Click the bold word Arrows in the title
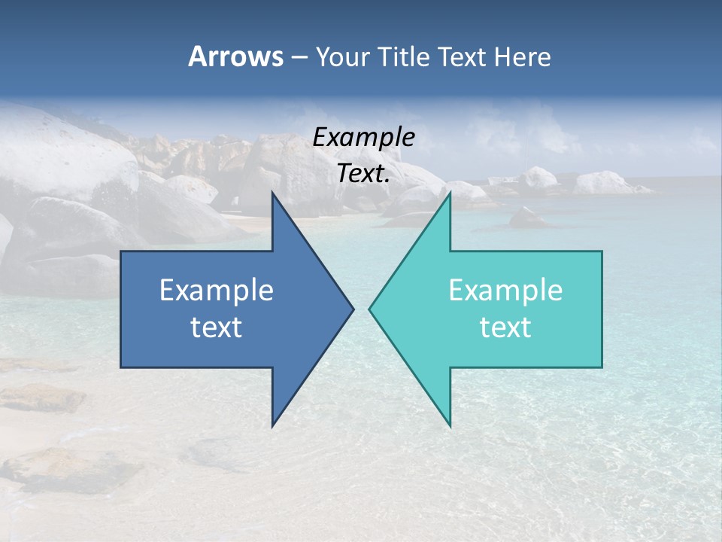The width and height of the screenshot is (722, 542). (x=235, y=56)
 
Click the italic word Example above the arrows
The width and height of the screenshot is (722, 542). (x=364, y=137)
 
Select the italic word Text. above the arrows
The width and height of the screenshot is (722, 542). (x=364, y=174)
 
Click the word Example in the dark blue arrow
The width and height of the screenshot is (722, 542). (x=217, y=291)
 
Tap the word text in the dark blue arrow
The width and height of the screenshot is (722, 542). (x=217, y=327)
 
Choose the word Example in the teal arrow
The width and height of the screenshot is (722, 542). (x=505, y=291)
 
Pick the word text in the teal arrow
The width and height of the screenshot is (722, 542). (x=505, y=327)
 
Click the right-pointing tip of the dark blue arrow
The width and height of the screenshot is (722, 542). (x=352, y=309)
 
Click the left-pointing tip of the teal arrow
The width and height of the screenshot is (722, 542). (x=371, y=309)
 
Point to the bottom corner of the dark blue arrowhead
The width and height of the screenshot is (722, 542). (x=273, y=425)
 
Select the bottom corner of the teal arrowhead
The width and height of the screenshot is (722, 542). (x=450, y=425)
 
